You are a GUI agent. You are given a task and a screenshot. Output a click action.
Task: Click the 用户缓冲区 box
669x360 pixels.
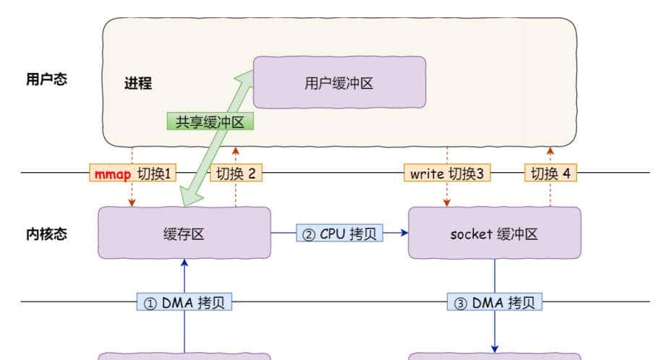338,82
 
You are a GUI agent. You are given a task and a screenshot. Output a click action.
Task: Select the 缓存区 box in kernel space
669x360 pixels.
184,233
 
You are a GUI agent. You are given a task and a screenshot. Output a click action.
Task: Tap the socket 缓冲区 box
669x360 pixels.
494,233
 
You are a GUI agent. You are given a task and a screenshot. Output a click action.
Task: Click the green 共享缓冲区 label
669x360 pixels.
210,121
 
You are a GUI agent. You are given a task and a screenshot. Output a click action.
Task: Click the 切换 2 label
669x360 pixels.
236,173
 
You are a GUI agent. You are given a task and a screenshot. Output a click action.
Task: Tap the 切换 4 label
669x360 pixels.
550,173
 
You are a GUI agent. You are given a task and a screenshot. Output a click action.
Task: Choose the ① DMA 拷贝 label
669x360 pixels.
184,301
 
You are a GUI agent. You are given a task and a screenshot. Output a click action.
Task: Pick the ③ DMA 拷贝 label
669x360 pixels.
495,301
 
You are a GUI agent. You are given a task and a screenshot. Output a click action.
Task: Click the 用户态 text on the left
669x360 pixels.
46,80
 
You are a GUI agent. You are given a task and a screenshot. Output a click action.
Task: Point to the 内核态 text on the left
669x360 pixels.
46,233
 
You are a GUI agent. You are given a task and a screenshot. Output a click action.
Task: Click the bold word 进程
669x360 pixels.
138,83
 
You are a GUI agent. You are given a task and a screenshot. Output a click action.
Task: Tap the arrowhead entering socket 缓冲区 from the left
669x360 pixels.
404,233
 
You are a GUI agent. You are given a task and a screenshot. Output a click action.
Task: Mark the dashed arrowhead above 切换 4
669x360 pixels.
550,151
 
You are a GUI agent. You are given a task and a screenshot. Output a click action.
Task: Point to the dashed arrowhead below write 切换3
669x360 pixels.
447,202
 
